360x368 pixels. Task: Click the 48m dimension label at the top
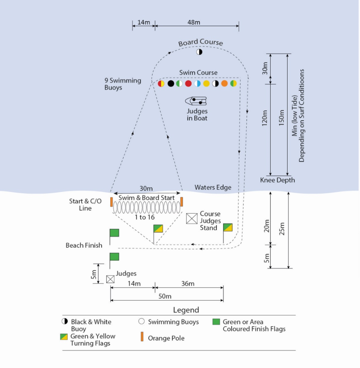click(x=194, y=22)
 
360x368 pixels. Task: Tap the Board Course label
click(x=200, y=43)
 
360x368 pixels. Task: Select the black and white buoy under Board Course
click(x=199, y=52)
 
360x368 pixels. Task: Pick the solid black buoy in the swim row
click(x=171, y=84)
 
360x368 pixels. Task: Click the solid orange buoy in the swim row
click(x=224, y=84)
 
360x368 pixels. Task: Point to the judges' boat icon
click(x=196, y=100)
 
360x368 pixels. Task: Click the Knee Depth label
click(x=277, y=180)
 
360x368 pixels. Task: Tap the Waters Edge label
click(x=213, y=188)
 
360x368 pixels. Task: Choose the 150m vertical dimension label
click(x=281, y=119)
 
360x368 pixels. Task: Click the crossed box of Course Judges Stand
click(x=192, y=219)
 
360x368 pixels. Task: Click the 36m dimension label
click(x=188, y=284)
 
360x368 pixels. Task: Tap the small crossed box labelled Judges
click(x=110, y=279)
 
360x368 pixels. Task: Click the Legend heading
click(x=186, y=310)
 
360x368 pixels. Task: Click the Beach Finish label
click(x=84, y=245)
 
